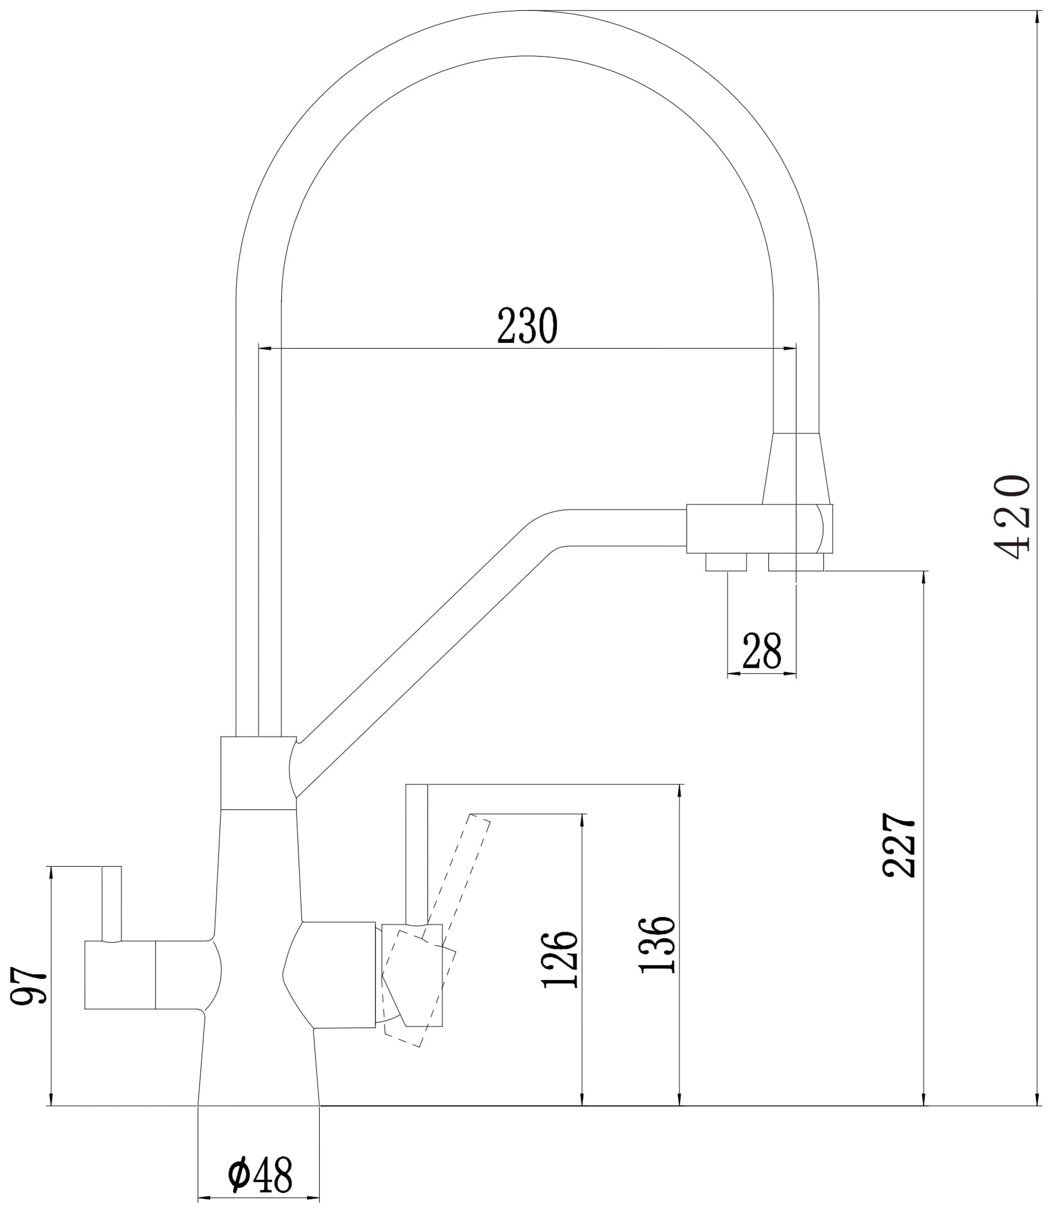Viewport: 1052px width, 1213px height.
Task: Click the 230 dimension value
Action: point(527,326)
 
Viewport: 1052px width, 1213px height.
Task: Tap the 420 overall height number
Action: point(1011,517)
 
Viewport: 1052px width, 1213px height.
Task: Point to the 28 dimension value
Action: point(761,651)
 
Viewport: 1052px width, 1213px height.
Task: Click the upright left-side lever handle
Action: point(112,911)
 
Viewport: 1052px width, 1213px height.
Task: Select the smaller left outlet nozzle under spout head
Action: point(725,562)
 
